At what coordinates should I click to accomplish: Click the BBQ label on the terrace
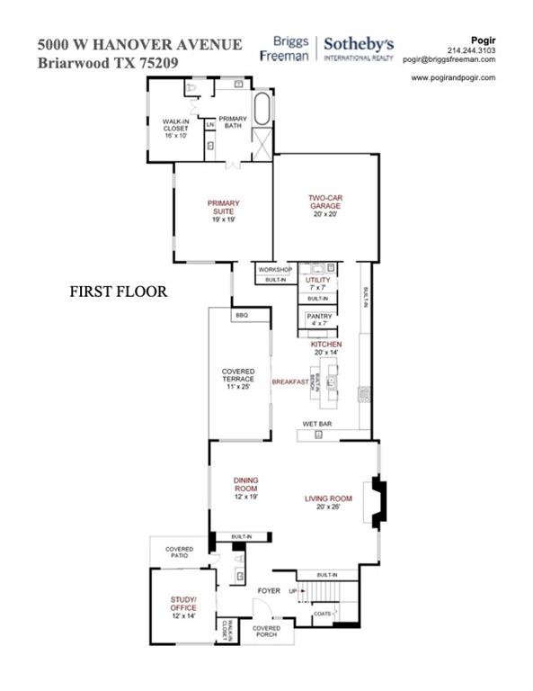241,316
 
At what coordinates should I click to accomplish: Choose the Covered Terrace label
238,379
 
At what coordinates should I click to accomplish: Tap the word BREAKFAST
291,381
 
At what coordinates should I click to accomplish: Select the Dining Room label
246,487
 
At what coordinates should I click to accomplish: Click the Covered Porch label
267,632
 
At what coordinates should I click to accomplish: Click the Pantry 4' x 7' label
319,319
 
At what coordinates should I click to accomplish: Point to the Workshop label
276,269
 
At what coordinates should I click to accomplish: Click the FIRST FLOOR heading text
119,292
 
